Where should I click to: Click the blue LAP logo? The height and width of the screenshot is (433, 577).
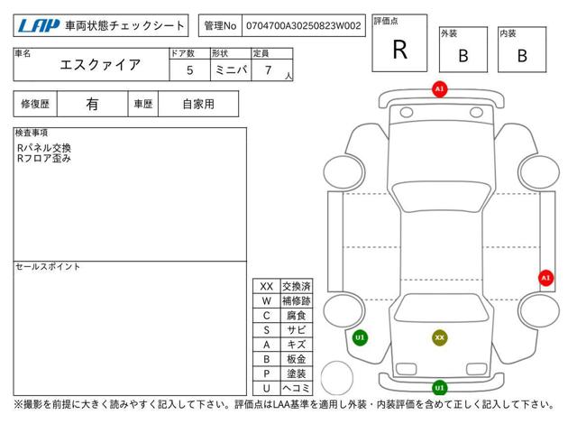click(x=39, y=26)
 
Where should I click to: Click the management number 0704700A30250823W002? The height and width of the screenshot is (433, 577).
click(x=303, y=26)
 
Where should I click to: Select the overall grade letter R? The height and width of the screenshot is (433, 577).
click(x=399, y=50)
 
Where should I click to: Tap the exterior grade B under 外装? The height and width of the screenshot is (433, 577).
click(x=463, y=56)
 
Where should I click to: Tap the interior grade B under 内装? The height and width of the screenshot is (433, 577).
click(x=522, y=56)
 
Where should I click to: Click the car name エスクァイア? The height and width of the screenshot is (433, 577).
click(x=100, y=65)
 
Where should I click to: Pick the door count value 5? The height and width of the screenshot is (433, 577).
click(x=189, y=70)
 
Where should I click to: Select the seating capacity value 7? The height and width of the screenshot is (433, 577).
click(x=269, y=70)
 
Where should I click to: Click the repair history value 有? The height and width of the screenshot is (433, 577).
click(x=92, y=105)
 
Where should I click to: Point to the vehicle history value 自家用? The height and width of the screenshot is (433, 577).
click(x=198, y=105)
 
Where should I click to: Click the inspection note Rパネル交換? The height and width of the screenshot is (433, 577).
click(x=44, y=148)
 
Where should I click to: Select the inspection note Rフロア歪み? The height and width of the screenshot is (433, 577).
click(x=44, y=159)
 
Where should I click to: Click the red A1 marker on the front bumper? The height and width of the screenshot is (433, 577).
click(x=439, y=89)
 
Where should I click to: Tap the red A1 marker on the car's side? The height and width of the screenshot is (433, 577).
click(x=545, y=278)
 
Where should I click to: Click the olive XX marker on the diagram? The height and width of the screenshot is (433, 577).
click(x=439, y=337)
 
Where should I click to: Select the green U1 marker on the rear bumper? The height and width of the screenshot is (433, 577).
click(x=439, y=387)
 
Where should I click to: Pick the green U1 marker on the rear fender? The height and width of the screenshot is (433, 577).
click(x=360, y=337)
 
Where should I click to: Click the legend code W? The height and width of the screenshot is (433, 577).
click(x=267, y=300)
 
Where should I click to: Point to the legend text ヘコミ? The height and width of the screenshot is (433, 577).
click(x=297, y=388)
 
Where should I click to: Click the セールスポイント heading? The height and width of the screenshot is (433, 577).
click(x=48, y=267)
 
